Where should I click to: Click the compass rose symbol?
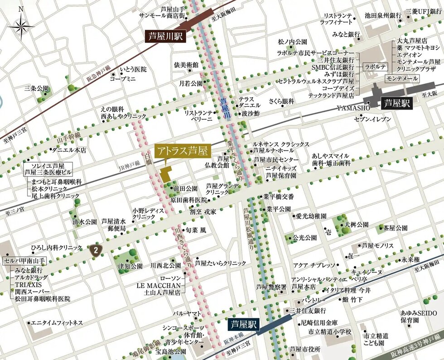[x=21, y=26]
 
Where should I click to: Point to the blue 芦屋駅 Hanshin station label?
[x=242, y=324]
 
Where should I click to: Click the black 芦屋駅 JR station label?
[x=396, y=103]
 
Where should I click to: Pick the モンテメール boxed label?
[x=401, y=78]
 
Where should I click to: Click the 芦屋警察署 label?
[x=270, y=287]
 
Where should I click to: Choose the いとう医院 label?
[x=133, y=70]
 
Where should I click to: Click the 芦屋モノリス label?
[x=378, y=245]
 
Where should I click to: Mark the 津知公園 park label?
[x=130, y=266]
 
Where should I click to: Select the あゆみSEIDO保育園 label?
[x=418, y=317]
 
